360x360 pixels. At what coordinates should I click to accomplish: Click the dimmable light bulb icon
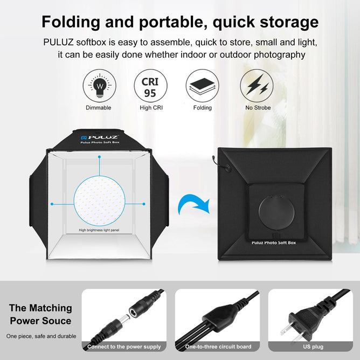point(99,86)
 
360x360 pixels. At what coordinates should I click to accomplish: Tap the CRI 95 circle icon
point(150,86)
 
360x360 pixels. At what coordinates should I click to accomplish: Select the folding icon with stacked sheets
point(202,86)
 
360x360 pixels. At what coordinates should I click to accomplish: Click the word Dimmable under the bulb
point(99,108)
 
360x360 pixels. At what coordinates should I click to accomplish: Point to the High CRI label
point(150,108)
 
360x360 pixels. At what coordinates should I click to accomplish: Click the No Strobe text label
point(258,108)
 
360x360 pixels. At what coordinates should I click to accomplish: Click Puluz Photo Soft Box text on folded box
point(274,243)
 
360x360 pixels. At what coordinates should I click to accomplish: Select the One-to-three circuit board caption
point(218,347)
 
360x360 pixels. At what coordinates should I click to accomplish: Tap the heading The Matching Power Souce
point(40,314)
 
